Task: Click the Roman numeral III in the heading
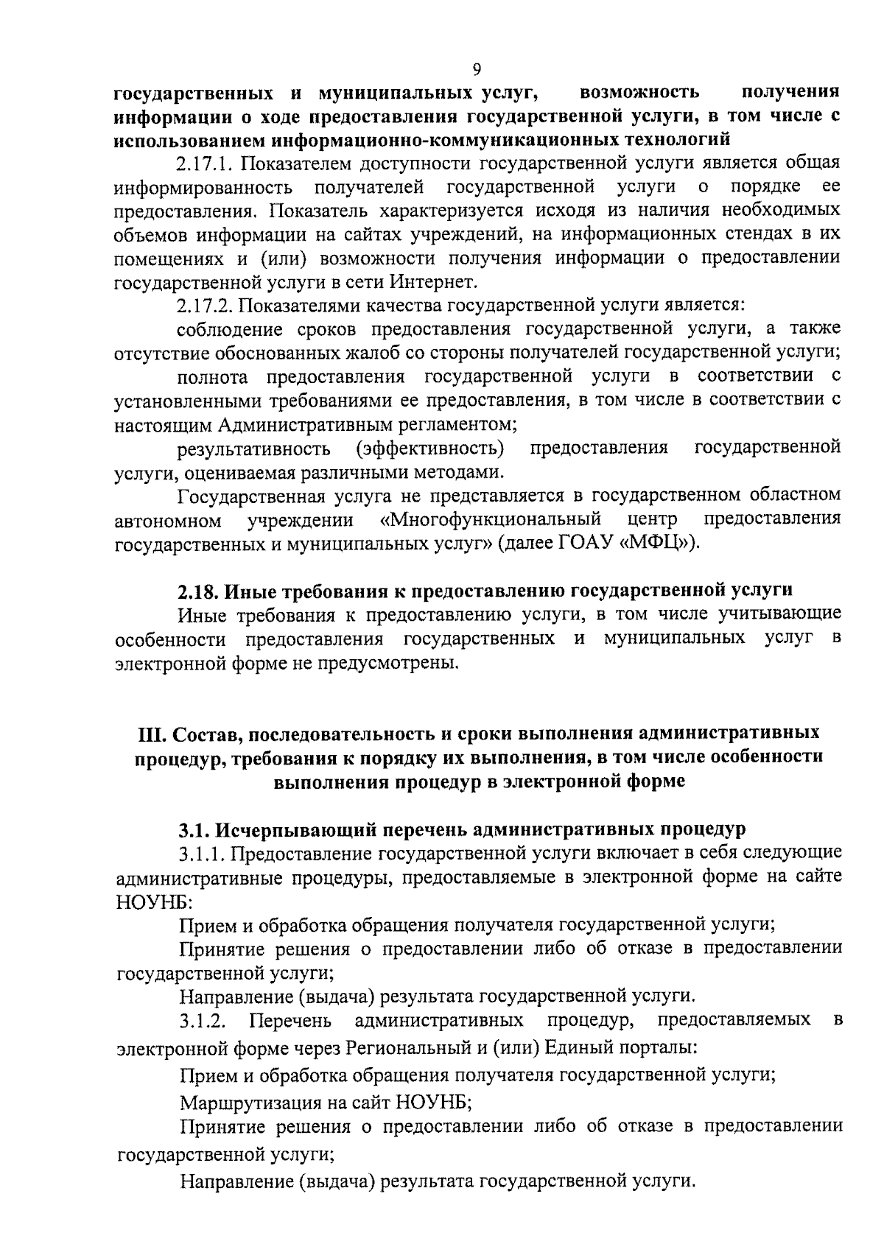click(x=152, y=734)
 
